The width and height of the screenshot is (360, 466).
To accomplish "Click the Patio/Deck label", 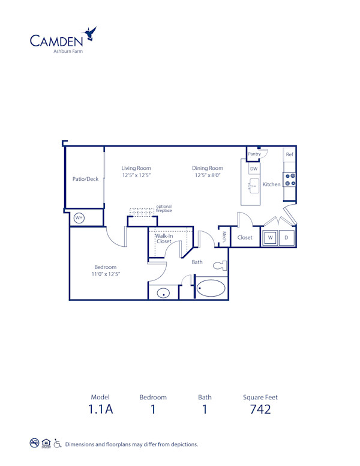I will click(85, 179).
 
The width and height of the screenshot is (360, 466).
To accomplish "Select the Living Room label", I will click(136, 168).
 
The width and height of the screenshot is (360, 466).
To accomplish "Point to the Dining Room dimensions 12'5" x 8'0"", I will click(208, 176).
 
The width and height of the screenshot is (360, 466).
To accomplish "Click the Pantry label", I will click(254, 154).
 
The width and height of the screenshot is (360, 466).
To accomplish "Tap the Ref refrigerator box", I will click(289, 154).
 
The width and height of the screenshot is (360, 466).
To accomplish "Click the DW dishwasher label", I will click(254, 169).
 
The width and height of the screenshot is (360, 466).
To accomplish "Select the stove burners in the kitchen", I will click(289, 180).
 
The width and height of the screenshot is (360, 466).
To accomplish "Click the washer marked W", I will click(270, 237).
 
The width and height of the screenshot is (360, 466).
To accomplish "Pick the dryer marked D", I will click(286, 237).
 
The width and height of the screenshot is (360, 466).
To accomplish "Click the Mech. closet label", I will click(224, 237).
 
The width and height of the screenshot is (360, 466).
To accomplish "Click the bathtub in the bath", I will click(211, 289).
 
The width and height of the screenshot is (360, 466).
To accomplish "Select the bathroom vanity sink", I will click(163, 294).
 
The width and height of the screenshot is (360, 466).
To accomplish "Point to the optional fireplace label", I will click(164, 209).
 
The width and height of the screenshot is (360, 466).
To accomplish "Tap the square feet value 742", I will click(260, 410).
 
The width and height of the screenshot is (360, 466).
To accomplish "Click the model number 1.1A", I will click(101, 410).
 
